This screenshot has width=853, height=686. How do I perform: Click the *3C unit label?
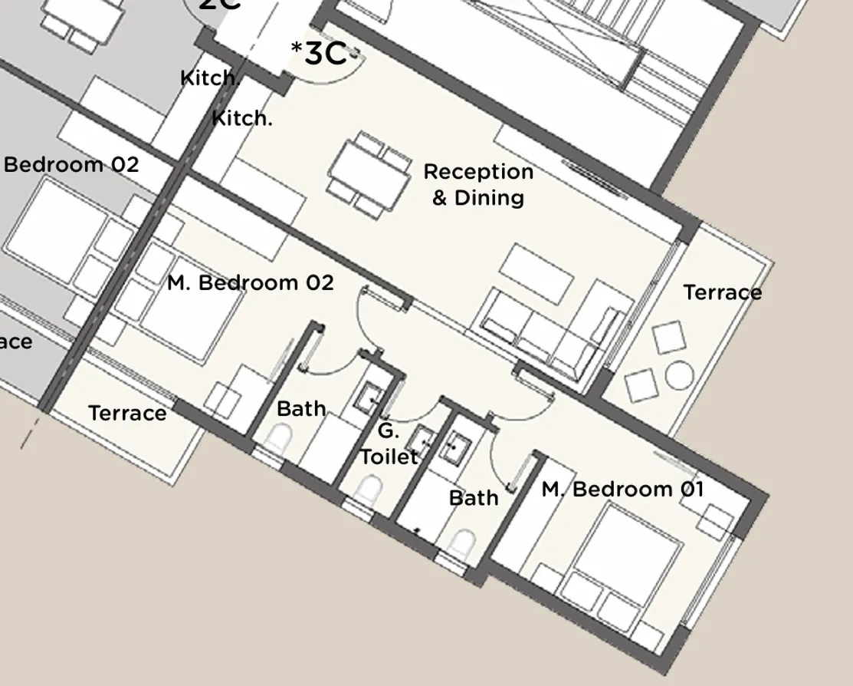click(x=320, y=54)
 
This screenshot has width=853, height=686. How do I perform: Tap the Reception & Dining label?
click(x=478, y=184)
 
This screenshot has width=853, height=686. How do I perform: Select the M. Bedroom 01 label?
click(x=622, y=489)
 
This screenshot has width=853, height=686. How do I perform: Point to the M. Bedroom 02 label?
click(x=251, y=283)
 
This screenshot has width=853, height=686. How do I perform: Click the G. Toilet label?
click(x=389, y=444)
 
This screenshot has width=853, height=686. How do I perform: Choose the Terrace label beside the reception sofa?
click(x=722, y=292)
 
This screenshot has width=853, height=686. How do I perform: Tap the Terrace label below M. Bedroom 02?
click(x=127, y=414)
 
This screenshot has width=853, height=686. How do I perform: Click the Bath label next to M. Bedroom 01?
click(x=474, y=498)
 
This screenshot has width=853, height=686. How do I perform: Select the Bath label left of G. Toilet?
click(x=301, y=409)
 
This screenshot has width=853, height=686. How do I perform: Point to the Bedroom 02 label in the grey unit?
click(x=71, y=165)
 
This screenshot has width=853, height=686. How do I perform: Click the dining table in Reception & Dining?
click(x=372, y=176)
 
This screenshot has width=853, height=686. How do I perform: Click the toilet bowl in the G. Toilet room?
click(x=371, y=489)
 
